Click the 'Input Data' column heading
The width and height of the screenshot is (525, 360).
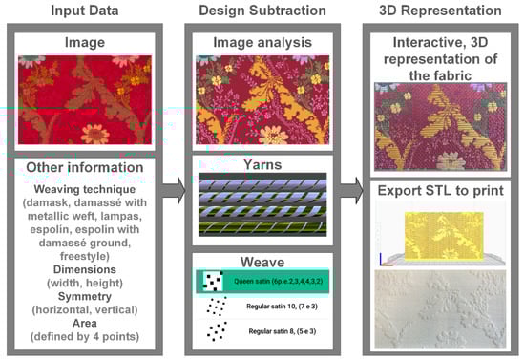(85, 11)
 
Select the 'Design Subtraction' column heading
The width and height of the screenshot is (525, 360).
(262, 11)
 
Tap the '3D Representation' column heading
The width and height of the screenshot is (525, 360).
(440, 11)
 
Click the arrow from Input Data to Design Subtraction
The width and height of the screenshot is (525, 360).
(174, 191)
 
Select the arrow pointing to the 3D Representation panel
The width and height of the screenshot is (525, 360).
(352, 191)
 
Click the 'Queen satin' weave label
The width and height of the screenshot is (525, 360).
(278, 281)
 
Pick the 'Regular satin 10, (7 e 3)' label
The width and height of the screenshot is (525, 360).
(282, 307)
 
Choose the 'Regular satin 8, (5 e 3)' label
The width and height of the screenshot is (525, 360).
(283, 331)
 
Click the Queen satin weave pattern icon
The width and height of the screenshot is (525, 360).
(213, 282)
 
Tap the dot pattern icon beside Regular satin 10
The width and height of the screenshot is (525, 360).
(217, 307)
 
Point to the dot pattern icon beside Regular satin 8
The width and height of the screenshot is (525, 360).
(217, 331)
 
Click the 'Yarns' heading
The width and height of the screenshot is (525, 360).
(262, 165)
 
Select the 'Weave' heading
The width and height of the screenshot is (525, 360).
(262, 262)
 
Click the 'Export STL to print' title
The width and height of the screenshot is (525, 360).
(441, 191)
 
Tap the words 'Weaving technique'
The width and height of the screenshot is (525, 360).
(85, 189)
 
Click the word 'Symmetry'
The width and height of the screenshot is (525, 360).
(85, 296)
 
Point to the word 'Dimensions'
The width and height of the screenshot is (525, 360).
(85, 269)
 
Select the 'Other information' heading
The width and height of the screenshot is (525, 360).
(85, 167)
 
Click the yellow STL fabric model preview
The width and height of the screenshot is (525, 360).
(444, 236)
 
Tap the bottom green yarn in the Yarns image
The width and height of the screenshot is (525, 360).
(262, 227)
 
